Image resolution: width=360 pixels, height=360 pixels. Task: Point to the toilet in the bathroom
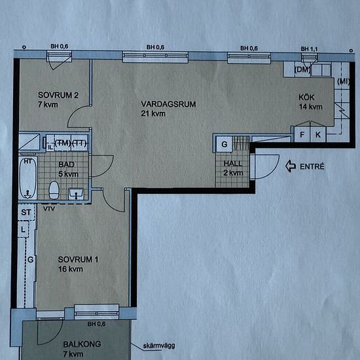click(54, 190)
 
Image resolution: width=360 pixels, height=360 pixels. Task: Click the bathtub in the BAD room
click(28, 178)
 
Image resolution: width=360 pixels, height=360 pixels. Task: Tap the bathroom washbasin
click(76, 194)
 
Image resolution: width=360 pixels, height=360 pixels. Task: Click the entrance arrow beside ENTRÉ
click(291, 166)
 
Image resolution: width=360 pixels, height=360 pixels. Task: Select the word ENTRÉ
click(312, 166)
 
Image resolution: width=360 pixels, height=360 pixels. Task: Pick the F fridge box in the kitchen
click(302, 134)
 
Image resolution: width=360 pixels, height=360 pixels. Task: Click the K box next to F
click(318, 134)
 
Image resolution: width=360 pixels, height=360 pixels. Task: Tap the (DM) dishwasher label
click(302, 69)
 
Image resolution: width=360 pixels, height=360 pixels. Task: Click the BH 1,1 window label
click(309, 49)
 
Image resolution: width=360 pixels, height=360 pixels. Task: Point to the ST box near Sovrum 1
click(26, 212)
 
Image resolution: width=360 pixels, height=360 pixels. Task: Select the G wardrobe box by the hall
click(225, 144)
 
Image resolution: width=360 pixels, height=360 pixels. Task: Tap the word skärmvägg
click(159, 346)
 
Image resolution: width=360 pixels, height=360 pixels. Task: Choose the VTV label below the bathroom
click(49, 209)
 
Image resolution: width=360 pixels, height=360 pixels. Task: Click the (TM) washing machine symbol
click(63, 143)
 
